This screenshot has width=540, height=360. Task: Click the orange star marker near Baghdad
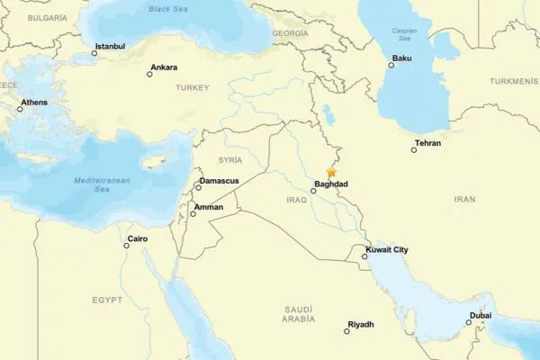332,171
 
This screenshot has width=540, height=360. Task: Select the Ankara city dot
149,73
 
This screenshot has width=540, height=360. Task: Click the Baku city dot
391,67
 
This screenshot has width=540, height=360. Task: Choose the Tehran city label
427,143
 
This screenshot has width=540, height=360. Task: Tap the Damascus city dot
198,188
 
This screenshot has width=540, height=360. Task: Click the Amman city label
208,207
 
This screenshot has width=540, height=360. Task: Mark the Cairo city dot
127,246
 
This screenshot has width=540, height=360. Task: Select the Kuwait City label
388,249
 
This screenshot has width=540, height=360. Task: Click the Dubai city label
480,315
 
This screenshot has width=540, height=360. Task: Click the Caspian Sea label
405,33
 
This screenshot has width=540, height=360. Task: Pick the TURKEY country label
192,87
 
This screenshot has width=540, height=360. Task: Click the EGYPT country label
107,299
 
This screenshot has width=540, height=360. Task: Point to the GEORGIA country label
290,32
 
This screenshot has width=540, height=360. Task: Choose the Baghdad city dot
313,191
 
